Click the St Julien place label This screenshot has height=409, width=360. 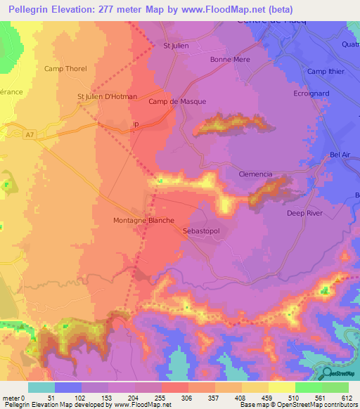(176, 46)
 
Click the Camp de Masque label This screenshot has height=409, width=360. (177, 101)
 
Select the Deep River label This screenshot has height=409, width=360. (304, 213)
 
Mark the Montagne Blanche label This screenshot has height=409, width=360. (143, 220)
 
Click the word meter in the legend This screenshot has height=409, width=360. (11, 398)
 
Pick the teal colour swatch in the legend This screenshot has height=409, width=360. (41, 387)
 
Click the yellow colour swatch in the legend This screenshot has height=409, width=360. (282, 387)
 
